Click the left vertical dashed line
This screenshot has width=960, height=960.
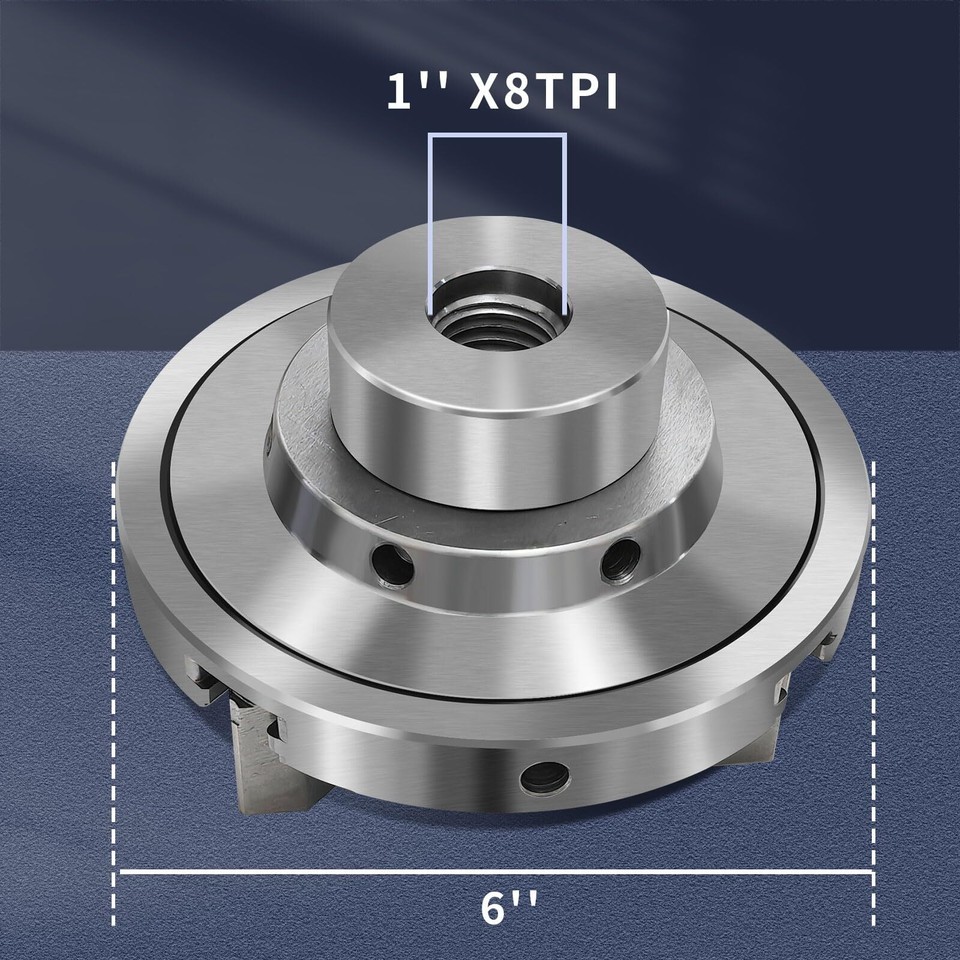tap(115, 700)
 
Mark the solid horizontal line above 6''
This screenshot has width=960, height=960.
tap(496, 872)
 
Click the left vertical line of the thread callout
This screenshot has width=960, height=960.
tap(430, 220)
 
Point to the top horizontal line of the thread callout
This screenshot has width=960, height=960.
tap(497, 135)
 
